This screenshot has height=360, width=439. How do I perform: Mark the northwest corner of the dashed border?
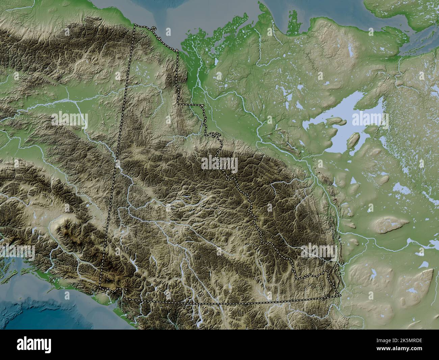[135, 25]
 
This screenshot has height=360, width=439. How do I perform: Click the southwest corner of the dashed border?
[100, 287]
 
